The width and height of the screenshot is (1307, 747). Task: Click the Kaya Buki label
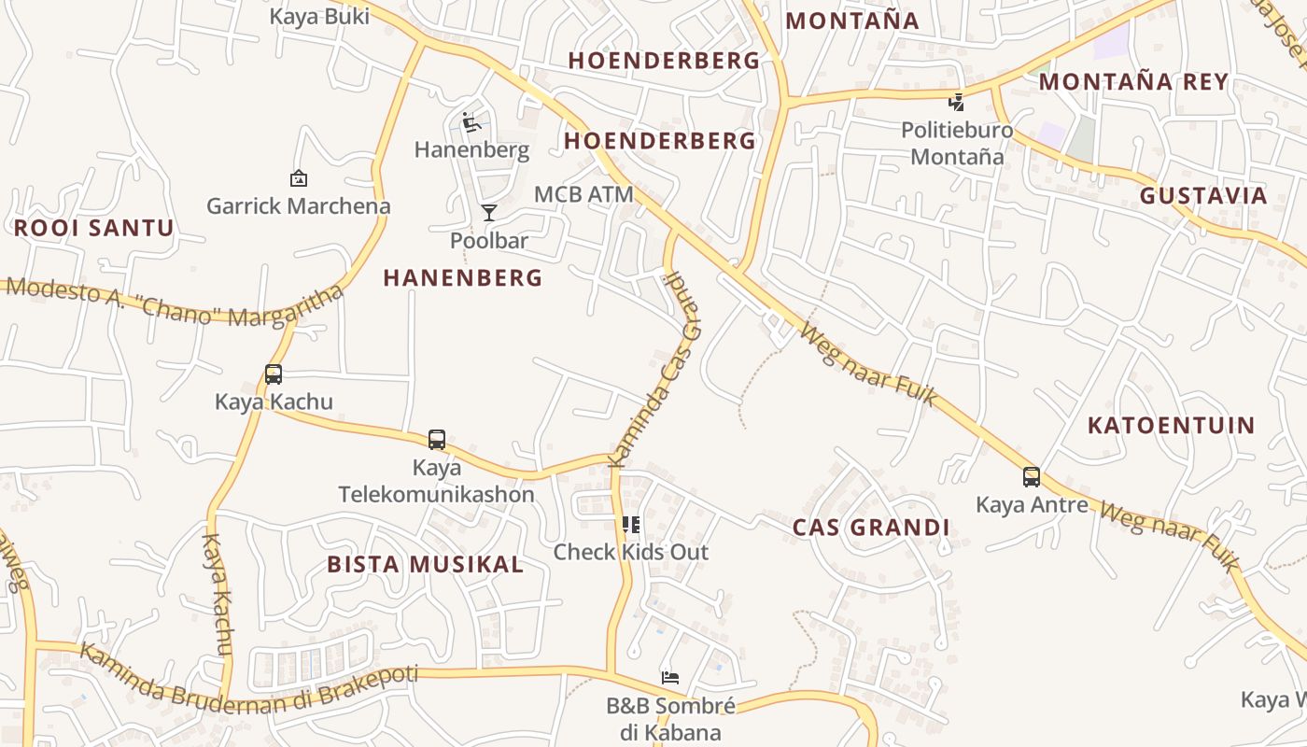click(319, 16)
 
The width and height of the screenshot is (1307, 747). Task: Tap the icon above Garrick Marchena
click(299, 177)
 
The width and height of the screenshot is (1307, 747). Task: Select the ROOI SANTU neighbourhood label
click(93, 228)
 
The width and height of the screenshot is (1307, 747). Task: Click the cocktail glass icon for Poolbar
click(489, 213)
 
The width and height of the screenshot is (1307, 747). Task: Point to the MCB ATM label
click(583, 194)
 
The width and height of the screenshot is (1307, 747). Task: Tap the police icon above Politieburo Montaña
click(957, 102)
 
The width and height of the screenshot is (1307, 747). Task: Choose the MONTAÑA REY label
click(1133, 81)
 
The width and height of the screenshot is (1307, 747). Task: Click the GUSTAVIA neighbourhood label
click(1203, 196)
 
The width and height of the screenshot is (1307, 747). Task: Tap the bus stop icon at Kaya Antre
click(1032, 477)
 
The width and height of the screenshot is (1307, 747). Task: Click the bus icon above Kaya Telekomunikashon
click(437, 440)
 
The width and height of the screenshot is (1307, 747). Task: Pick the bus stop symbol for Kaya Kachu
click(274, 374)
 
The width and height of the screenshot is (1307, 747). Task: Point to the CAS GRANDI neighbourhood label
click(871, 528)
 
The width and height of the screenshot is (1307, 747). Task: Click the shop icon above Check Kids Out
click(631, 525)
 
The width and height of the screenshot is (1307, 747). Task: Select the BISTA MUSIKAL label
click(425, 564)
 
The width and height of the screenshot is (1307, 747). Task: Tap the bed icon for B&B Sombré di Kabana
click(670, 678)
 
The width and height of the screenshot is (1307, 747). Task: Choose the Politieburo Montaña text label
click(957, 143)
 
